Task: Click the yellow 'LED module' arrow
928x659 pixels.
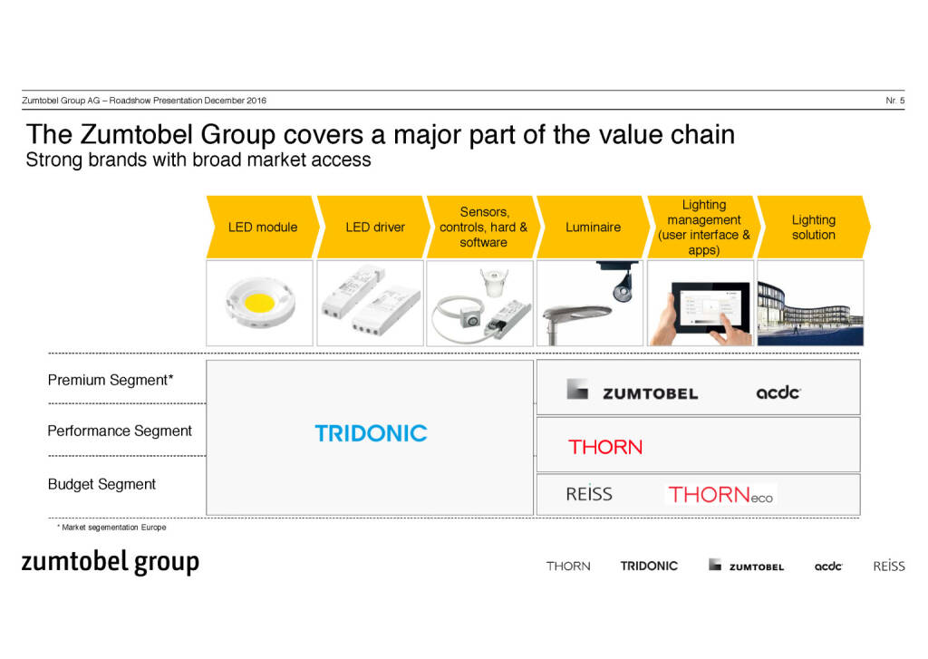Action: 263,227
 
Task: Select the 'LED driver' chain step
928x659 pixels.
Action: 373,227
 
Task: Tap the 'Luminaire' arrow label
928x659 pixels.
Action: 593,227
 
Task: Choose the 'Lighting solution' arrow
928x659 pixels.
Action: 814,227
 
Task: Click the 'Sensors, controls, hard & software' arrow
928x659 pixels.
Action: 484,227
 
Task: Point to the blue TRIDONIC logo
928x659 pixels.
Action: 371,433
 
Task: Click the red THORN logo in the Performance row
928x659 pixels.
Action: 605,447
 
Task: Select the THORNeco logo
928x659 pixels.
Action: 720,494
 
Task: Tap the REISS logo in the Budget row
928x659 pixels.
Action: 589,494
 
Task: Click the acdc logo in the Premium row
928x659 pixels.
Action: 778,392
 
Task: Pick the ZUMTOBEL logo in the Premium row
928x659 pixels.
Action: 632,391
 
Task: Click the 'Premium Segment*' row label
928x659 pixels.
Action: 111,380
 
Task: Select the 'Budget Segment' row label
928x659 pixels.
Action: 101,484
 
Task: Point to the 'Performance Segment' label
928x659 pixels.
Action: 120,431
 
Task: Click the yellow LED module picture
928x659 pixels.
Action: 259,303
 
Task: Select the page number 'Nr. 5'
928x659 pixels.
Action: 894,101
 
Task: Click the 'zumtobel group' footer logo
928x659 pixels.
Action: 110,563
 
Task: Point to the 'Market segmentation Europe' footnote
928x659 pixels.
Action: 111,528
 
